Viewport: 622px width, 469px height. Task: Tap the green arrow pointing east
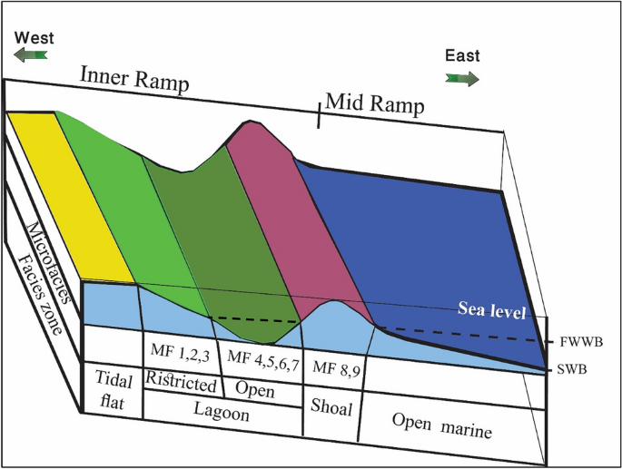462,79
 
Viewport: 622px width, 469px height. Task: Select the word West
34,38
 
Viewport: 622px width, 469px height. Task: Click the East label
462,56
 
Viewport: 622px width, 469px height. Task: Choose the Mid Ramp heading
374,104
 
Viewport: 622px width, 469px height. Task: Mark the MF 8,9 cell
334,367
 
